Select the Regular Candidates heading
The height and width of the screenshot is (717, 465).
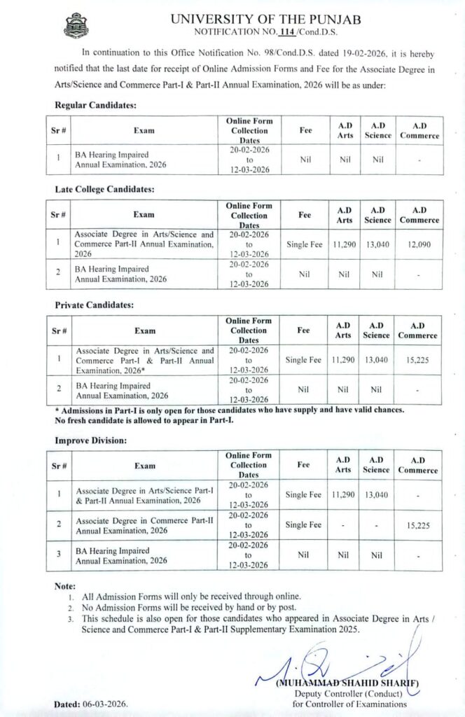[x=96, y=105]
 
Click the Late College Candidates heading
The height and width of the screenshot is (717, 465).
[x=104, y=189]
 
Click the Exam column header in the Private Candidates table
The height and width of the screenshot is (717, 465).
[x=145, y=330]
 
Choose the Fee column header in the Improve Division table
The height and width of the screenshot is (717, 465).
[x=304, y=465]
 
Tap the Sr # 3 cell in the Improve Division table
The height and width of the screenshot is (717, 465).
[x=60, y=556]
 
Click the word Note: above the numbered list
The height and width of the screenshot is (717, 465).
[x=65, y=585]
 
